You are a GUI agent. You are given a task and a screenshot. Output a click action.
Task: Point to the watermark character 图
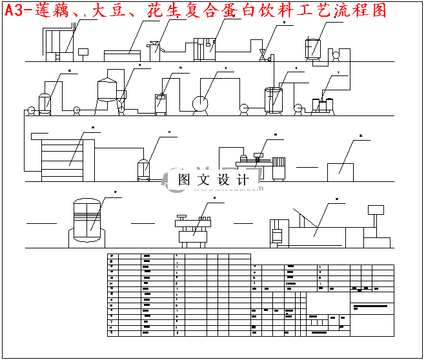(x=185, y=180)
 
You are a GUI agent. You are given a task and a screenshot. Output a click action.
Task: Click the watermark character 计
(x=243, y=180)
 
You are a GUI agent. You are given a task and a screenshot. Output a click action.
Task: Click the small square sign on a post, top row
(x=83, y=52)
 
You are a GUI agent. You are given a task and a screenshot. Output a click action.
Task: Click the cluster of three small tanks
(x=325, y=104)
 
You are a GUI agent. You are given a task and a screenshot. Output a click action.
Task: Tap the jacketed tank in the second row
(x=274, y=100)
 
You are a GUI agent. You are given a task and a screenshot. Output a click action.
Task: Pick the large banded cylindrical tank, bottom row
(x=86, y=219)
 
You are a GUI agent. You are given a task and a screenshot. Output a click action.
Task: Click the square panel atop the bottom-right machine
(x=373, y=210)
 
